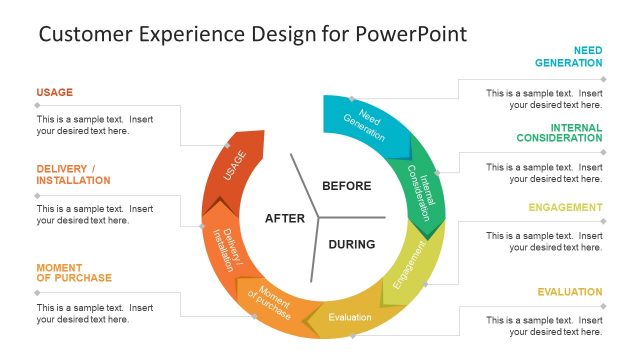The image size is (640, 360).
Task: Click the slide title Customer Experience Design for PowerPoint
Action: point(252,34)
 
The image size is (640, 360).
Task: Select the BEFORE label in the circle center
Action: point(347,186)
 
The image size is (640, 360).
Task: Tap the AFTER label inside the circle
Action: point(284,218)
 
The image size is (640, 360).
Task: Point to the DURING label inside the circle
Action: point(351,244)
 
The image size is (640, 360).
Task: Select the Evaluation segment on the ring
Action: point(349,317)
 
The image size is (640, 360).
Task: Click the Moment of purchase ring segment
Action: point(273,303)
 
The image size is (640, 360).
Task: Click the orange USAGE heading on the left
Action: point(55,93)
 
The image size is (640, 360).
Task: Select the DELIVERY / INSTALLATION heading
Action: point(74,174)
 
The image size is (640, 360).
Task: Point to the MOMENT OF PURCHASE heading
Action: point(74,272)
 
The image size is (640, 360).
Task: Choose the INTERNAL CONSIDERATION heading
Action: point(560,132)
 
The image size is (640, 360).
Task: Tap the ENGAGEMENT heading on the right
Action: point(566,208)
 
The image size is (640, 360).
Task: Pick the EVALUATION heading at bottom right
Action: point(570,292)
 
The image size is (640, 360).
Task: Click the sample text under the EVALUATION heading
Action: point(545,325)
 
